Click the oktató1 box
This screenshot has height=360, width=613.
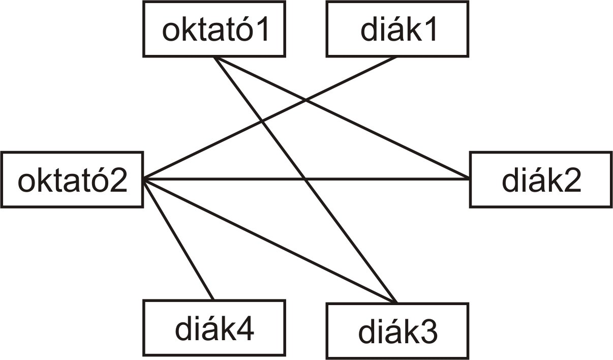214,29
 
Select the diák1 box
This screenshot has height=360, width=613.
397,29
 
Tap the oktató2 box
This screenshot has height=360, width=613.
72,179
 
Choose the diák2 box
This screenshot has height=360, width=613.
541,179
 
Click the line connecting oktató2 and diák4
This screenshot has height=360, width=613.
178,239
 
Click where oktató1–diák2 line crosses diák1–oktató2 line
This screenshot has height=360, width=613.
306,101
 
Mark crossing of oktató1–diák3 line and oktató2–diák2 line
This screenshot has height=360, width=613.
305,179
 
